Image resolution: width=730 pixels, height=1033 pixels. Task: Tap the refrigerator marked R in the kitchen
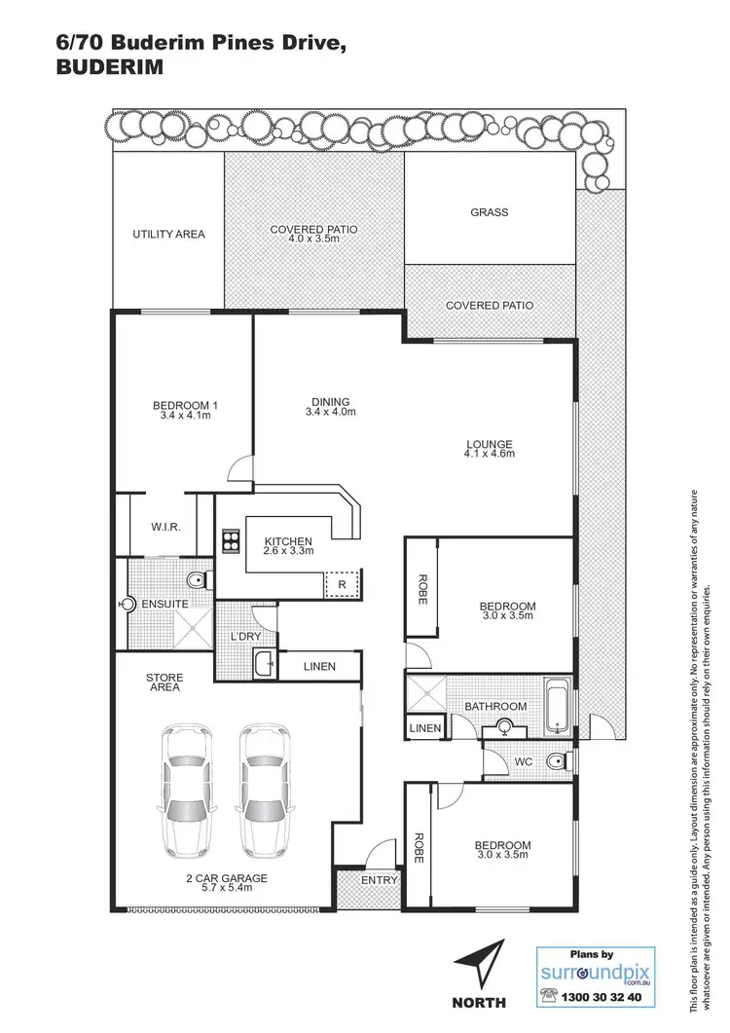pos(342,584)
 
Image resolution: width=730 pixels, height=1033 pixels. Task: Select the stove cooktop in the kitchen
pos(232,539)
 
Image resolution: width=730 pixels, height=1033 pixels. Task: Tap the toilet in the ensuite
pos(198,581)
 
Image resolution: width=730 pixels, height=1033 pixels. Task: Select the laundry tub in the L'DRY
pos(262,666)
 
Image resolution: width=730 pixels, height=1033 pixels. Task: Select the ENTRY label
pos(380,880)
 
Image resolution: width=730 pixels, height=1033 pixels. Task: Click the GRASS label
pos(489,212)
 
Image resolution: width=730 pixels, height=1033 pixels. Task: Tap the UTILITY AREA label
pos(168,235)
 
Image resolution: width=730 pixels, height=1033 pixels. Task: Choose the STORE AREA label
pos(164,682)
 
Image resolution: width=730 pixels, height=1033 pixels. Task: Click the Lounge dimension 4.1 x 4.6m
pos(489,454)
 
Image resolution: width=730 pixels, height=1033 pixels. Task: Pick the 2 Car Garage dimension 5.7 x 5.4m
pos(228,887)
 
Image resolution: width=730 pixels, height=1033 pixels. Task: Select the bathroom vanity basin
pos(504,725)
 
